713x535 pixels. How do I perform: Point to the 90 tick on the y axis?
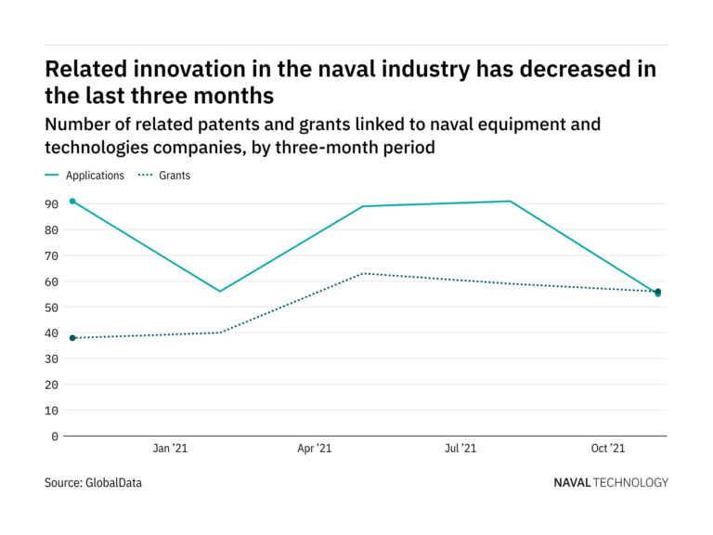pyautogui.click(x=52, y=203)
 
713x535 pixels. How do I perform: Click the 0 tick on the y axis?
pyautogui.click(x=55, y=436)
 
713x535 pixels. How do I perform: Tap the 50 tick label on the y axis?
pyautogui.click(x=52, y=307)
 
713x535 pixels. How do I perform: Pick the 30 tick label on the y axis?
pyautogui.click(x=52, y=359)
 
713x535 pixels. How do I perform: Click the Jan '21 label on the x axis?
pyautogui.click(x=169, y=449)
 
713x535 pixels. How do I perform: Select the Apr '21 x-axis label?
pyautogui.click(x=315, y=449)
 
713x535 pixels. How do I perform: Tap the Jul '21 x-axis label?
pyautogui.click(x=460, y=449)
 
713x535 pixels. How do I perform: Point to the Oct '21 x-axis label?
pyautogui.click(x=607, y=449)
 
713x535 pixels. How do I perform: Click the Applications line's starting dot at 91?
pyautogui.click(x=72, y=202)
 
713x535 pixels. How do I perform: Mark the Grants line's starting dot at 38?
pyautogui.click(x=72, y=338)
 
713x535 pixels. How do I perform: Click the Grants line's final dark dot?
pyautogui.click(x=658, y=292)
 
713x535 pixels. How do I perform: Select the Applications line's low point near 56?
pyautogui.click(x=220, y=292)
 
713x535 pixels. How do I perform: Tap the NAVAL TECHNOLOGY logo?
pyautogui.click(x=610, y=483)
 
